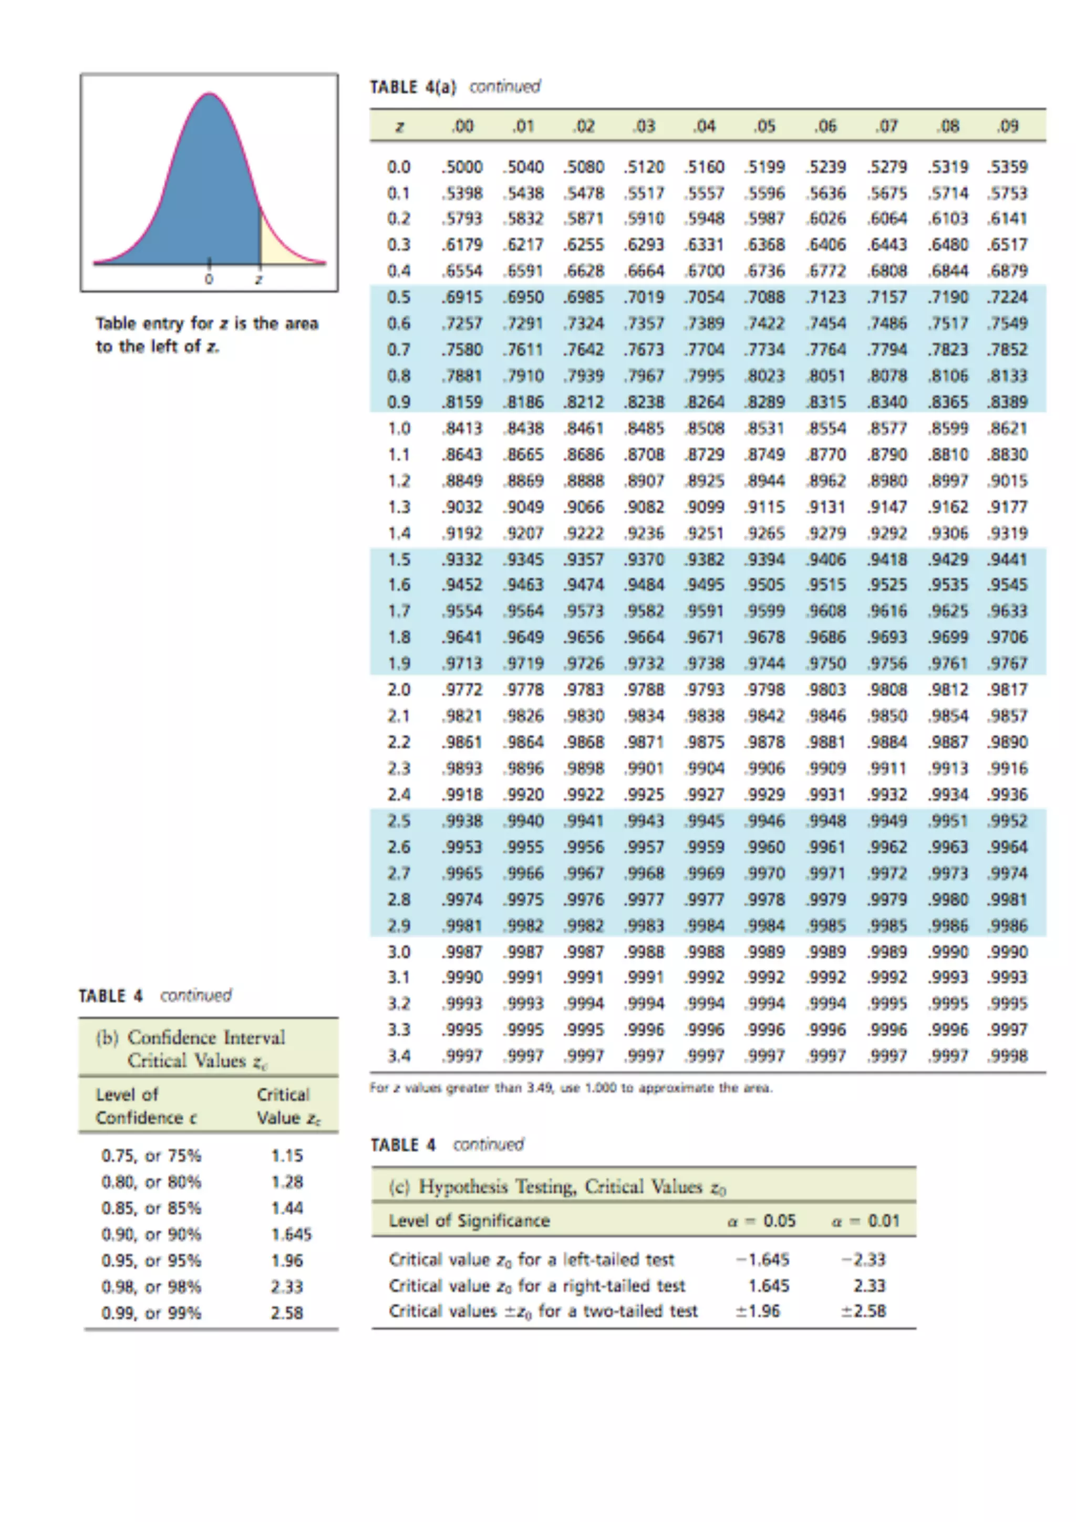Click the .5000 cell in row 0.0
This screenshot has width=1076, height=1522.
462,167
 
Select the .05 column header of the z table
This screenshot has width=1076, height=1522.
764,126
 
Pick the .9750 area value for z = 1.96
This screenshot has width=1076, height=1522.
825,663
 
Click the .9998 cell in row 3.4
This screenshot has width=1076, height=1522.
1008,1056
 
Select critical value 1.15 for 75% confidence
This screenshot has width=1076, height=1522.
287,1156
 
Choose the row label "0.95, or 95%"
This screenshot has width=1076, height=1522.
151,1261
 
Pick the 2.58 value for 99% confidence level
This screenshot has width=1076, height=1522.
287,1313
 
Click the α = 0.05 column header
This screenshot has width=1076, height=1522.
761,1221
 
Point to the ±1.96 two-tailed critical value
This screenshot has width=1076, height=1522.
758,1311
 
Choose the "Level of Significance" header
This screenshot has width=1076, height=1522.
469,1221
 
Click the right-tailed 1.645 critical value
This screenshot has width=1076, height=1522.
768,1286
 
